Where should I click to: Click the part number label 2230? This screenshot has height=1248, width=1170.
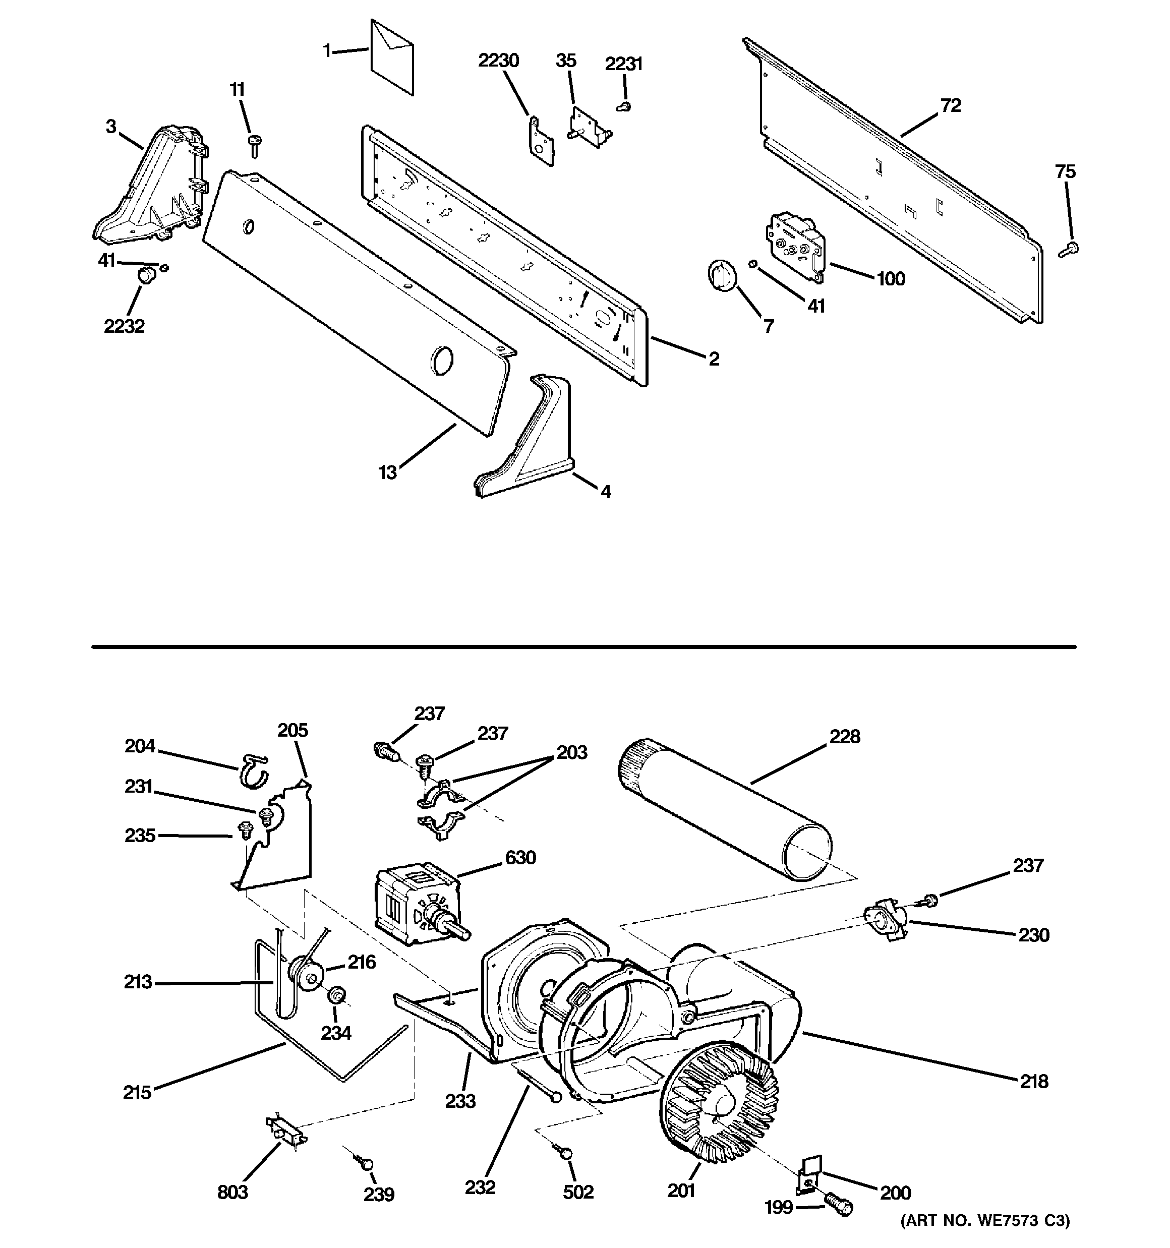(x=498, y=61)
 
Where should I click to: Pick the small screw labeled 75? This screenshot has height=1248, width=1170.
(x=1068, y=250)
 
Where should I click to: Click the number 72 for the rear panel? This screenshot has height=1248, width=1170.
(x=951, y=105)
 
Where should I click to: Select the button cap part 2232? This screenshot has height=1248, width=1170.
(x=146, y=275)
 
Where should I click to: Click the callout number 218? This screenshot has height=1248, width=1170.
(x=1034, y=1081)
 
